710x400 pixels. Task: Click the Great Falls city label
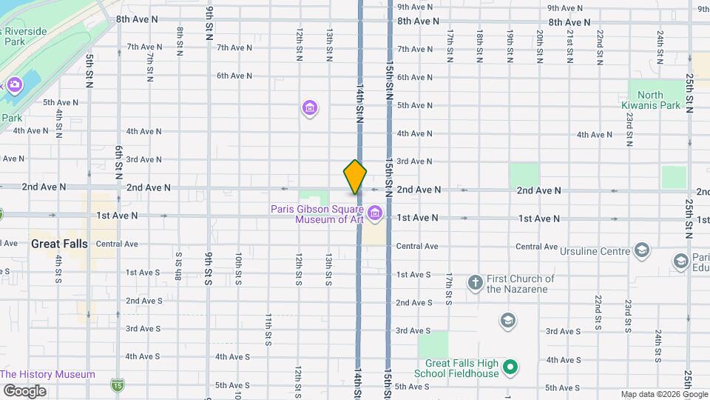(59, 243)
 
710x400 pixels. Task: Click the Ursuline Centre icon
(641, 250)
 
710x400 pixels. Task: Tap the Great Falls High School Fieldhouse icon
(510, 367)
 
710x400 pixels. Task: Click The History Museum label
(47, 374)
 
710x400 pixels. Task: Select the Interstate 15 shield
(118, 384)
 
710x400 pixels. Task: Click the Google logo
(24, 390)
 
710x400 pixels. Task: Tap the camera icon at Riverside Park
(14, 85)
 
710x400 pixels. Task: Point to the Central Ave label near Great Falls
(117, 244)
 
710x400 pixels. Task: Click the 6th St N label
(118, 163)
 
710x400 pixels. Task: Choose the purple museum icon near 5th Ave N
(310, 109)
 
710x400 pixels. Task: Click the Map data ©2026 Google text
(663, 394)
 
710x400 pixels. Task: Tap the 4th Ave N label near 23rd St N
(595, 134)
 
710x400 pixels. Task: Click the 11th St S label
(268, 329)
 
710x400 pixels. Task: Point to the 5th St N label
(89, 71)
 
